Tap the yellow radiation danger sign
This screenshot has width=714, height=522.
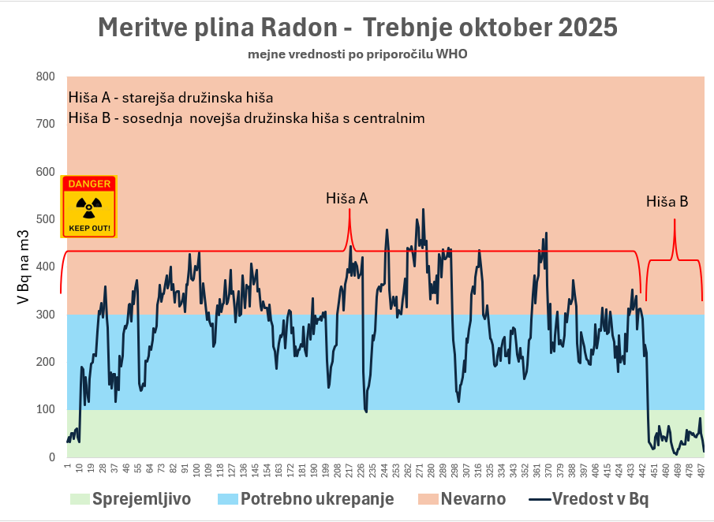point(89,207)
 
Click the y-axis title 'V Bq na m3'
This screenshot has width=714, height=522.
point(23,267)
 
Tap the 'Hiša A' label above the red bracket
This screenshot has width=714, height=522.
point(347,199)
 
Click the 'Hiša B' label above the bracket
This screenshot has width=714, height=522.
point(667,202)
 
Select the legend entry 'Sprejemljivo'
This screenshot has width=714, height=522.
point(131,498)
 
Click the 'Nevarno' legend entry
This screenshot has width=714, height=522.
point(462,498)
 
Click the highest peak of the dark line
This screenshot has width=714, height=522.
point(424,210)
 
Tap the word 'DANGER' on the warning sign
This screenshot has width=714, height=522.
point(89,184)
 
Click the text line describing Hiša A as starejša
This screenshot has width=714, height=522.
point(170,99)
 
